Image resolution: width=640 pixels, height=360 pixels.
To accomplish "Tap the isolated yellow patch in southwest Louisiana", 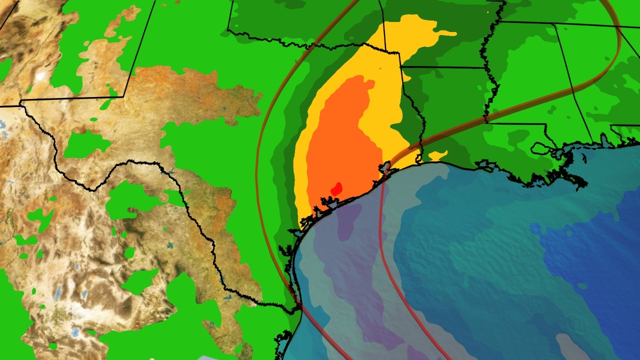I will pyautogui.click(x=437, y=155).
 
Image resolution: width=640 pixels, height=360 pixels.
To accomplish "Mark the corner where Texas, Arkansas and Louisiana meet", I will pyautogui.click(x=401, y=66).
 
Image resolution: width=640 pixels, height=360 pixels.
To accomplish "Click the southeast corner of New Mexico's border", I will pyautogui.click(x=124, y=96).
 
